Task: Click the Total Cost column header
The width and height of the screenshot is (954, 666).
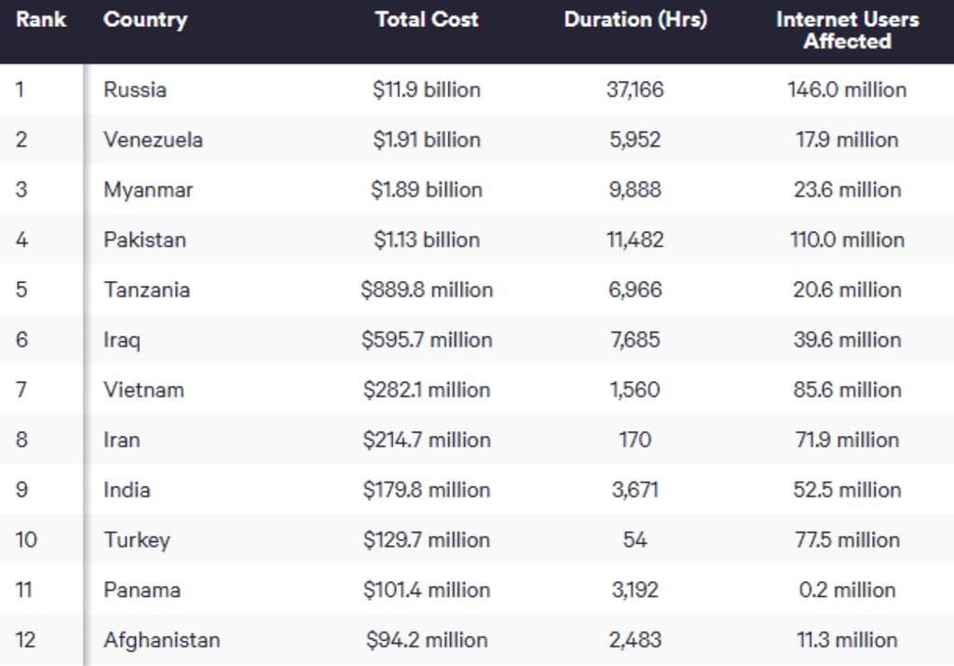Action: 427,20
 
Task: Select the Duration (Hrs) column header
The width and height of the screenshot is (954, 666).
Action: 635,20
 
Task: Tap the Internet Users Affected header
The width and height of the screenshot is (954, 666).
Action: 847,31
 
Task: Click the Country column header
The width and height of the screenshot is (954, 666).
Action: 145,20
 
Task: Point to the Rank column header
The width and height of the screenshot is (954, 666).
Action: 41,20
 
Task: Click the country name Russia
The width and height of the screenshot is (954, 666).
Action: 135,90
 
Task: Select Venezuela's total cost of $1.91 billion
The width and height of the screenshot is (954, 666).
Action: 427,140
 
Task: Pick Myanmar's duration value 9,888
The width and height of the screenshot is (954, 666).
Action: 635,190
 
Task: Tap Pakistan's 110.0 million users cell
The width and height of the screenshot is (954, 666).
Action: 847,239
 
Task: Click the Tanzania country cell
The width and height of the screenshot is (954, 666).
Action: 146,290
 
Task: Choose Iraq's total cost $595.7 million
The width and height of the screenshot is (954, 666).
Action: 427,339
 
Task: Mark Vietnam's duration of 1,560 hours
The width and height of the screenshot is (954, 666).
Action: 635,390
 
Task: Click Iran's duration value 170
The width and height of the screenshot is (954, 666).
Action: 635,440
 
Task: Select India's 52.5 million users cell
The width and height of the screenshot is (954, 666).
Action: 847,490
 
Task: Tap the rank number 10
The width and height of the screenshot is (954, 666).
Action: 26,539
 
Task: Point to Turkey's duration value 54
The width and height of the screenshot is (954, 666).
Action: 635,539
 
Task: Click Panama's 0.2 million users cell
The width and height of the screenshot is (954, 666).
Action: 847,590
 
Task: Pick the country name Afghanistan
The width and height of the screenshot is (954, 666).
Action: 162,640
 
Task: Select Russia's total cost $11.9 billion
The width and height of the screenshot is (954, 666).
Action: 427,90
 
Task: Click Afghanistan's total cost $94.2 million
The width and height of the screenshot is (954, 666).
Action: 427,640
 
